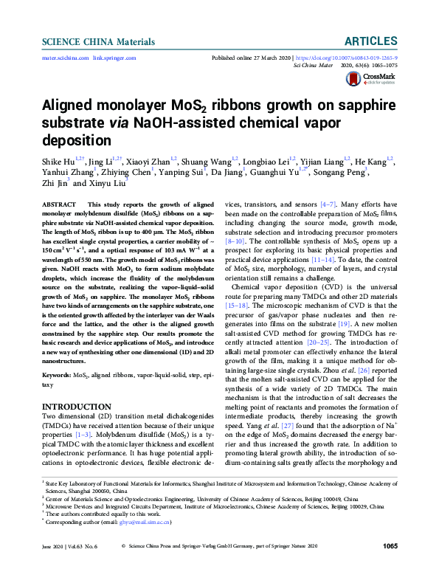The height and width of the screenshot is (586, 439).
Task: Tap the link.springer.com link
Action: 114,57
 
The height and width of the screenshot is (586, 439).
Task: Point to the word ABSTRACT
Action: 58,202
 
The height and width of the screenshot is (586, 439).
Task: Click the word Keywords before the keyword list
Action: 57,373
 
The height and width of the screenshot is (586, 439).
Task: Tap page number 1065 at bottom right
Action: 390,567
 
